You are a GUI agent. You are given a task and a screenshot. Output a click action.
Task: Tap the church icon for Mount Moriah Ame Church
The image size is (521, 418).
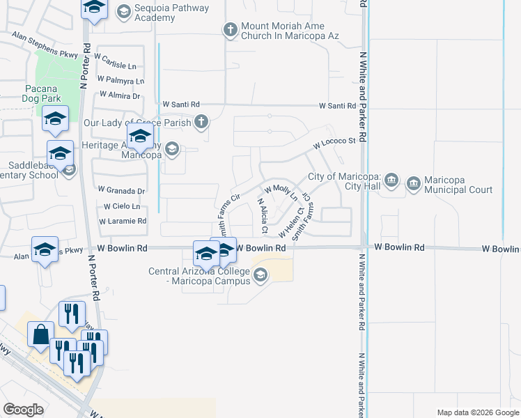(x=231, y=30)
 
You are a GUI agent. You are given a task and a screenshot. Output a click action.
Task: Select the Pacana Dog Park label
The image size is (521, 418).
(x=44, y=94)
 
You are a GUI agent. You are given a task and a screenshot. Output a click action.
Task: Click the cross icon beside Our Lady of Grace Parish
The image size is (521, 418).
(x=201, y=123)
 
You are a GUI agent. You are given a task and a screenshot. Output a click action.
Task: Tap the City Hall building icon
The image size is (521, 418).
(x=391, y=181)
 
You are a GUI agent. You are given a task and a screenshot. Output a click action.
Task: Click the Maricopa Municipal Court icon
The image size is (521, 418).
(x=414, y=183)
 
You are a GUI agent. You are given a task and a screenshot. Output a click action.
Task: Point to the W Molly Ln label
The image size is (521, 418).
(x=281, y=189)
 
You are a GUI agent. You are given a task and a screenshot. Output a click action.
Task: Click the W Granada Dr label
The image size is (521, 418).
(x=121, y=189)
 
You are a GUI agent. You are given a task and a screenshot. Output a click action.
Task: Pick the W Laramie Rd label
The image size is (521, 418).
(x=123, y=221)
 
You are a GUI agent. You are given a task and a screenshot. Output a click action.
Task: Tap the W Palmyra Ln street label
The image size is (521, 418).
(x=120, y=80)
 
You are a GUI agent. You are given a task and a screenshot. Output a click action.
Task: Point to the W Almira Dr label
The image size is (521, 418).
(x=120, y=95)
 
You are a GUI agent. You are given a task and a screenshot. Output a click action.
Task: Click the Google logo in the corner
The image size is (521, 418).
(x=23, y=410)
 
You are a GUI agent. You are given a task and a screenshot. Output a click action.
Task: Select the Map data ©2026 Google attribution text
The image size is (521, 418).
(x=478, y=412)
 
